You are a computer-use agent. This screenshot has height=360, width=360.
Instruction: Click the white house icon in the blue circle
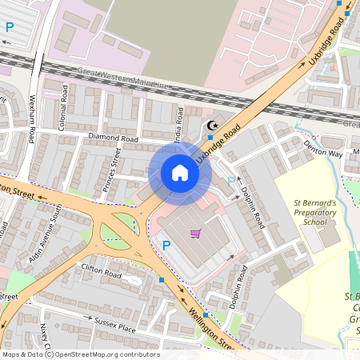point(180,172)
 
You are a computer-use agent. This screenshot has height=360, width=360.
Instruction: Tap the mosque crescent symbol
point(212,125)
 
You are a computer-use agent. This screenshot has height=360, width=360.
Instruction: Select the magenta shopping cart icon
point(195,234)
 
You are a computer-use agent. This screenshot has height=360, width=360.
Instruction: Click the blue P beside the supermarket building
point(166,246)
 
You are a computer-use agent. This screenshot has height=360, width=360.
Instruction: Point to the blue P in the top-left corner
point(10,27)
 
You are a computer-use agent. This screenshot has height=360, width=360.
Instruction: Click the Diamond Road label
point(114,138)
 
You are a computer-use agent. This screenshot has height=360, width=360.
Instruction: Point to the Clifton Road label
point(100,272)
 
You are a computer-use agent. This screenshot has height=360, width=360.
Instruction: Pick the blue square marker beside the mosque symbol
point(210,138)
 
